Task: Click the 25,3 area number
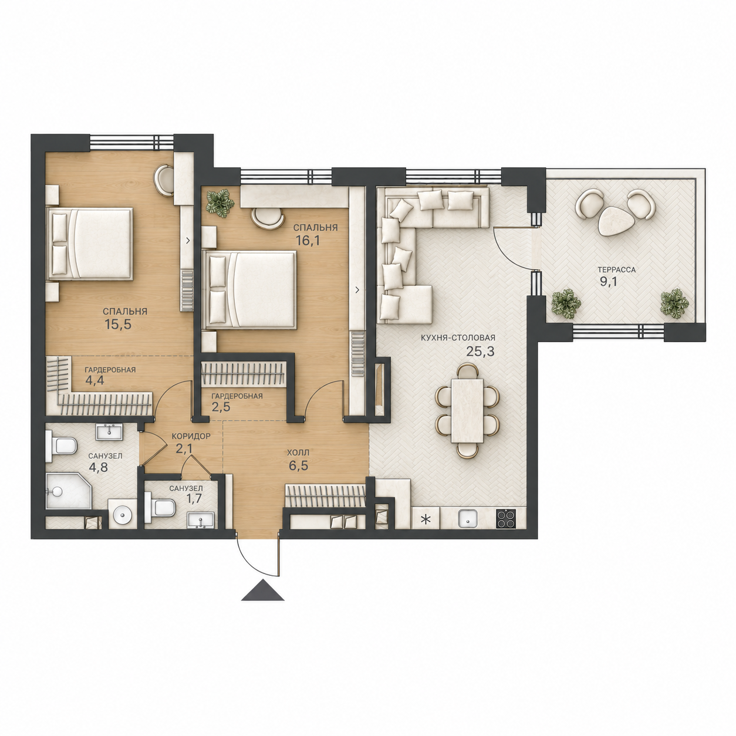[480, 351]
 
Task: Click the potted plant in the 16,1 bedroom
[220, 204]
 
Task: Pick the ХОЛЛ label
[298, 453]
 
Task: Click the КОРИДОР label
[191, 436]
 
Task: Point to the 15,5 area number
[118, 324]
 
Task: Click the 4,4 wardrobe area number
[93, 381]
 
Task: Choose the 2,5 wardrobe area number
[220, 406]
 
